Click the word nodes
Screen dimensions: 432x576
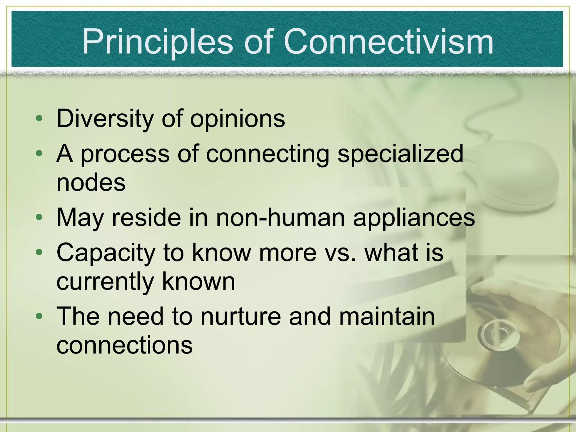[91, 183]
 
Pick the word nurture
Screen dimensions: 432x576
[240, 316]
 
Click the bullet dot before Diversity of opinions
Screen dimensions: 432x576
[39, 118]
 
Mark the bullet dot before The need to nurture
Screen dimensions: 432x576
[39, 316]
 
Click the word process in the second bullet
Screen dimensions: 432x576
[125, 154]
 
